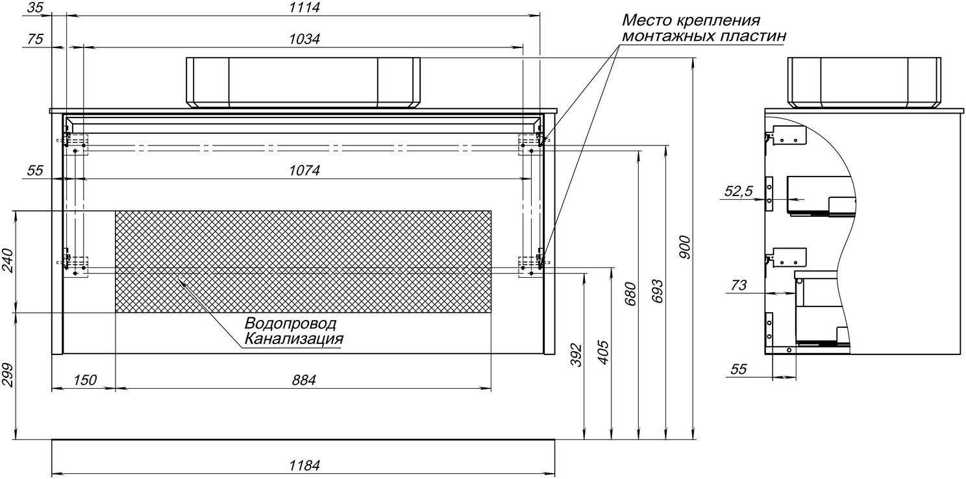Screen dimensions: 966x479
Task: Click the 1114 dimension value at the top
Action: [304, 8]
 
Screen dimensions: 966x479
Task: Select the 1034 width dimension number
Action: [304, 39]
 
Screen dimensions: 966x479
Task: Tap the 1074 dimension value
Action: [304, 171]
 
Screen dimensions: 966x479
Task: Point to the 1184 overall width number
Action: [304, 465]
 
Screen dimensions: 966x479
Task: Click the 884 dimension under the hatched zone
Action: [304, 380]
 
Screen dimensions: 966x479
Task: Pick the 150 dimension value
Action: [84, 380]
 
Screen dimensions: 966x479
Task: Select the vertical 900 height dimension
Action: [684, 247]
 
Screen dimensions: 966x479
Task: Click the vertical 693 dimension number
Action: [657, 291]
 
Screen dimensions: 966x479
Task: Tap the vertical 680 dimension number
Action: [630, 293]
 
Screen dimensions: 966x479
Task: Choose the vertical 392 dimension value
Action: [576, 355]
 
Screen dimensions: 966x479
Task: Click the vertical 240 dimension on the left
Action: [8, 260]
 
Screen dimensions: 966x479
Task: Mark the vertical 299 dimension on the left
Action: [8, 375]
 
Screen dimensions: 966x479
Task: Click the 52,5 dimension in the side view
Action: [738, 191]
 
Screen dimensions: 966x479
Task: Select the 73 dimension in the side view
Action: [738, 286]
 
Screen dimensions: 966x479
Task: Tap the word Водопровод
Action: [290, 323]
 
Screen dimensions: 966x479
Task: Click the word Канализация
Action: [293, 339]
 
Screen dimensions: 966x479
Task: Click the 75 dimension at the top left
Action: [35, 39]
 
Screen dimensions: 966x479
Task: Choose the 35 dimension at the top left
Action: [35, 8]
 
